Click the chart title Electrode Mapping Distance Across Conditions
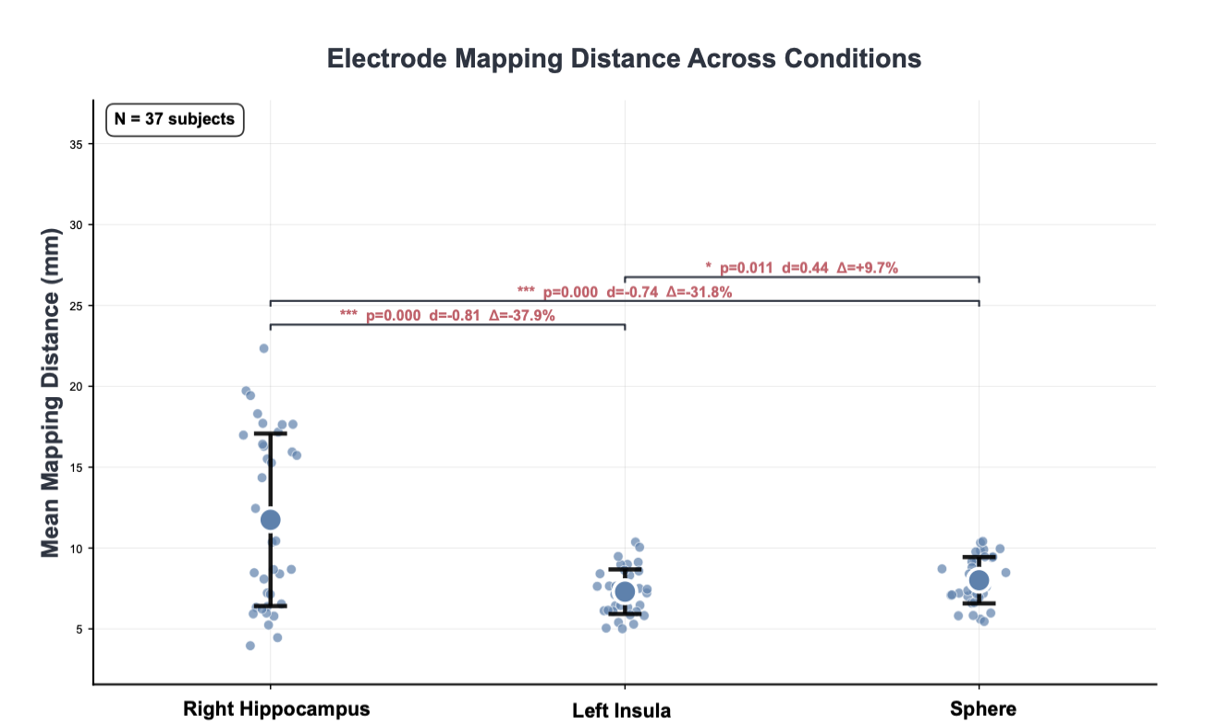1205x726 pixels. tap(624, 59)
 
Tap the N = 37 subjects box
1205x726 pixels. tap(175, 119)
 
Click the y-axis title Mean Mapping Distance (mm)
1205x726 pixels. tap(50, 393)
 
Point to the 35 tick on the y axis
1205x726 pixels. tap(76, 144)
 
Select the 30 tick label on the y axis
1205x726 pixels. tap(76, 225)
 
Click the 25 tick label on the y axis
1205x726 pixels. tap(76, 306)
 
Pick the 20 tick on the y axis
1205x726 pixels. tap(76, 387)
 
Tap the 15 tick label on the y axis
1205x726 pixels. tap(76, 467)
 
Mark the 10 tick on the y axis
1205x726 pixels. tap(76, 549)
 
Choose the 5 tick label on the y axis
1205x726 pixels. tap(79, 629)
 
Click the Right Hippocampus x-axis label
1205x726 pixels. tap(276, 709)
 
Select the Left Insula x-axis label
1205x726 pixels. tap(621, 710)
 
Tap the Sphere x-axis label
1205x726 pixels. tap(982, 709)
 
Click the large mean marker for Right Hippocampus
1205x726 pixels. tap(270, 520)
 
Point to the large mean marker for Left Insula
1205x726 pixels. tap(625, 591)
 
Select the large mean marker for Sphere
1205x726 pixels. tap(979, 580)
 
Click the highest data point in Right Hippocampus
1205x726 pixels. tap(263, 348)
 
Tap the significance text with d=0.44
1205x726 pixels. tap(801, 268)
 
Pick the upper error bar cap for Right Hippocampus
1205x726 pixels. tap(270, 433)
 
